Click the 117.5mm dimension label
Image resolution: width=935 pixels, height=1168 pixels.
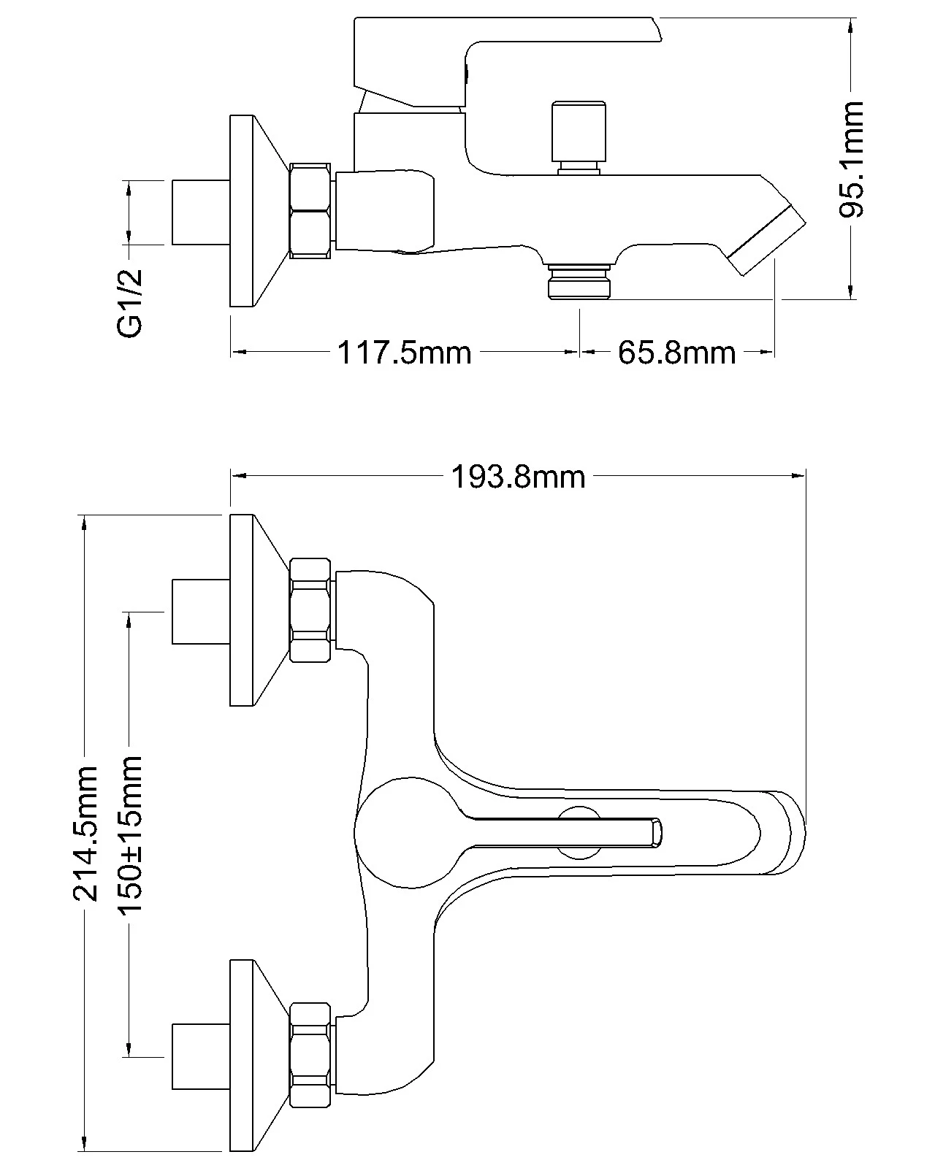[404, 353]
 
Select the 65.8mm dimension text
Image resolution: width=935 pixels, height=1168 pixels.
[676, 353]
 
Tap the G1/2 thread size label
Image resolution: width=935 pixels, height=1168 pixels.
[130, 302]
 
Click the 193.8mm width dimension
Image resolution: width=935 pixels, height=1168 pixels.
[518, 477]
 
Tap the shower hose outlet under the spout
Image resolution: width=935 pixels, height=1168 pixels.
[579, 282]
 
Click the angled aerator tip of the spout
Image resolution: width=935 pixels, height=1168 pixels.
[767, 240]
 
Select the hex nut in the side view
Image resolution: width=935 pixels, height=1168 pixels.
[311, 211]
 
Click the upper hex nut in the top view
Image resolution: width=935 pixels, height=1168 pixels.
[311, 610]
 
